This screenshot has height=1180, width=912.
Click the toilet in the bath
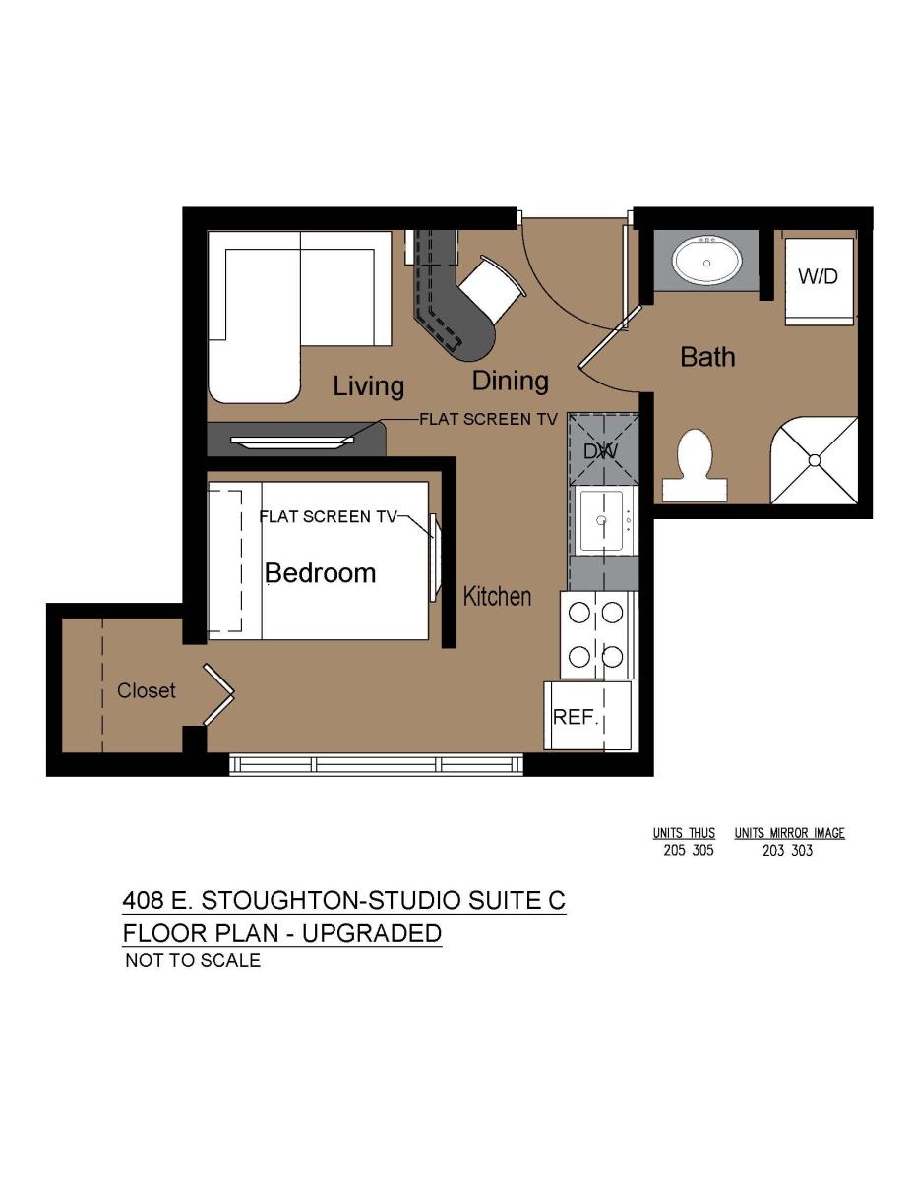695,465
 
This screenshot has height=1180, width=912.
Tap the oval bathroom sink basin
706,263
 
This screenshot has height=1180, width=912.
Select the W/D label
818,276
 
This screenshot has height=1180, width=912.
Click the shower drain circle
815,460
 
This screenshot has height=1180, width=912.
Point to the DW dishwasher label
600,450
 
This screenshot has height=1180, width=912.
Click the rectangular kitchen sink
601,521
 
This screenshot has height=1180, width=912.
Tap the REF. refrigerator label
576,717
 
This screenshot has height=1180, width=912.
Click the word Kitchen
497,596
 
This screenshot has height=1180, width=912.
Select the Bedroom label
320,573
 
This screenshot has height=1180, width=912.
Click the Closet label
147,690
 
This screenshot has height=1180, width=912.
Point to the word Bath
707,357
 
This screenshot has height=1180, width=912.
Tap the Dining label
510,381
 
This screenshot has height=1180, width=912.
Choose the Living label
368,386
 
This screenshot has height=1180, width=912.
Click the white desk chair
492,287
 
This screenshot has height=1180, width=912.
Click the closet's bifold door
218,694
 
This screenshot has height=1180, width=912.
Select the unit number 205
675,850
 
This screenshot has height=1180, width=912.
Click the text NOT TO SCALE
193,960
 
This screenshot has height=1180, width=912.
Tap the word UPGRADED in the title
372,933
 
